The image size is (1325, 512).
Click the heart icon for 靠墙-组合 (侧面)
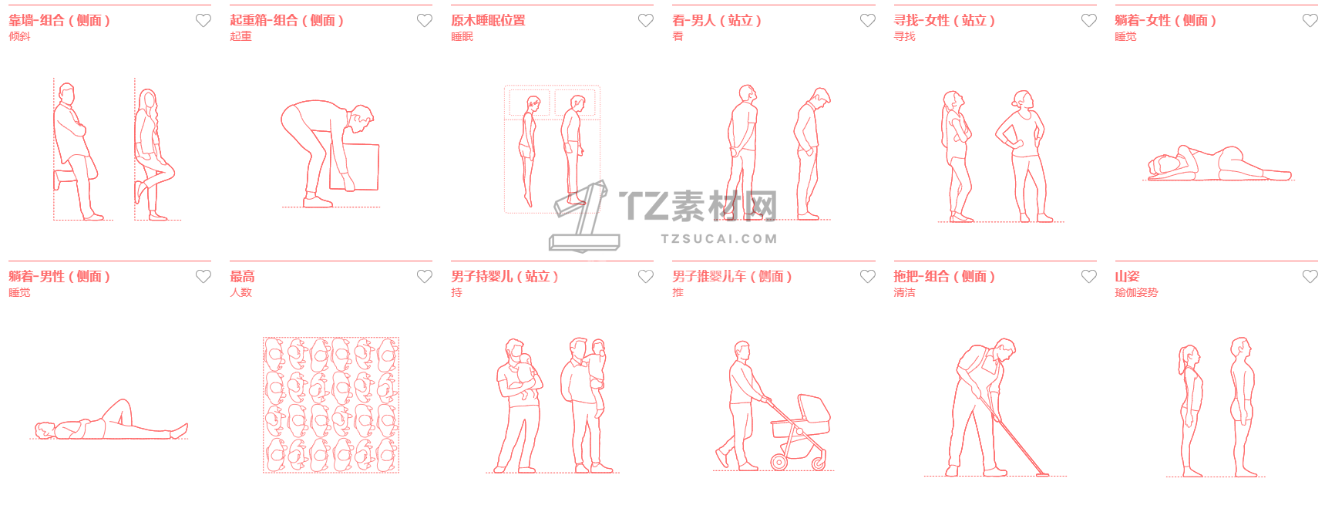203,21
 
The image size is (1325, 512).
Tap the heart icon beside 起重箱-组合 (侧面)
425,21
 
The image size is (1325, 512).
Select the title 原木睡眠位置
488,21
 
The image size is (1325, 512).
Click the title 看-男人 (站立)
717,21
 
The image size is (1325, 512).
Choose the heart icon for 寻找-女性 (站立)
1089,21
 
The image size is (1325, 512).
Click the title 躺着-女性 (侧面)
1165,21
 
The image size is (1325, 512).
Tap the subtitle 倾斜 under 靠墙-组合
19,36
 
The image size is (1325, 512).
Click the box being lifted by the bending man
356,166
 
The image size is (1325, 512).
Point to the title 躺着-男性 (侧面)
59,276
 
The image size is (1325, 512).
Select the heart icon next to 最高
425,276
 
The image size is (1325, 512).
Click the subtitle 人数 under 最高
240,292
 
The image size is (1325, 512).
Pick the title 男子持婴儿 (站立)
505,276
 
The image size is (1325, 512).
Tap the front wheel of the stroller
779,463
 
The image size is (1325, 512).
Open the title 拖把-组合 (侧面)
944,276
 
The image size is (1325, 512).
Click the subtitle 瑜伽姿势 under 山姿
1136,292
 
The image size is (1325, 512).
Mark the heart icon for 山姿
1310,276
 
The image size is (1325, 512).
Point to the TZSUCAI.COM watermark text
719,239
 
